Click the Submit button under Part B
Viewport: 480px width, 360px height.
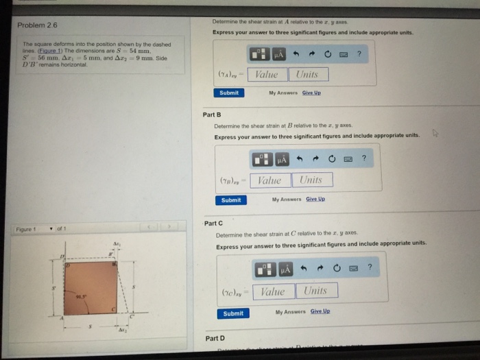231,200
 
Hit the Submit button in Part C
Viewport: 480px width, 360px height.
233,313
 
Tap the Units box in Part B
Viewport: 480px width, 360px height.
313,180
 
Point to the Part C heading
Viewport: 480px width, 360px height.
213,223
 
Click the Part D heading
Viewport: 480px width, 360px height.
214,338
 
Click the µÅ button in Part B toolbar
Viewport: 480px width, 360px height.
280,159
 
